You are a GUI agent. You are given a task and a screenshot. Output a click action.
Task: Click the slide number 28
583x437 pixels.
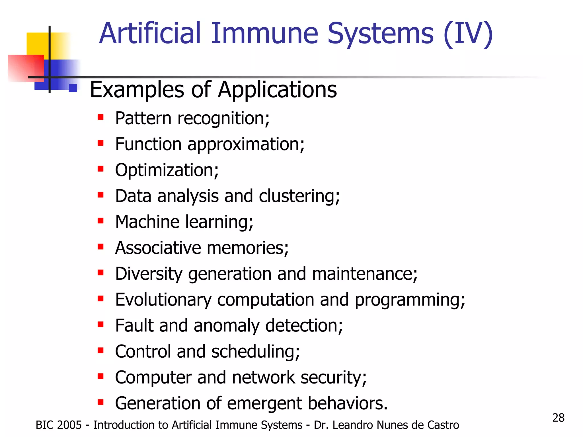[x=558, y=418]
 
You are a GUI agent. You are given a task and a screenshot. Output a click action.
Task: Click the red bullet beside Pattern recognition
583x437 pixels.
[x=100, y=117]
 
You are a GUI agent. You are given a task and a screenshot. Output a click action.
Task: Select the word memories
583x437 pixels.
[x=248, y=248]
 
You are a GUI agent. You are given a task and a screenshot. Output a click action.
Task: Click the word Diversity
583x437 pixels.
[x=149, y=274]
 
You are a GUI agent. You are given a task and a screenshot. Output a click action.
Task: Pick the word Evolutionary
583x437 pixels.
[x=163, y=300]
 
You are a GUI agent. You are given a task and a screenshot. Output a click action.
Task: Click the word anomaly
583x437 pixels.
[x=226, y=326]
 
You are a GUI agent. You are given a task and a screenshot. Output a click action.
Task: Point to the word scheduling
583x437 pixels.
[x=255, y=352]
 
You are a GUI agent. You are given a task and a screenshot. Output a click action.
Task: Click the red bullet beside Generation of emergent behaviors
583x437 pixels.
[x=100, y=402]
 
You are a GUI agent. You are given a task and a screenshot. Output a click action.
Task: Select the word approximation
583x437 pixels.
[x=246, y=144]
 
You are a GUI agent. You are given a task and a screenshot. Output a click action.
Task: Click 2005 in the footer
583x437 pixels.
[x=69, y=425]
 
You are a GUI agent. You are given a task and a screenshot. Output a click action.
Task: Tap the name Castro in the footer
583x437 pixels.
[x=444, y=425]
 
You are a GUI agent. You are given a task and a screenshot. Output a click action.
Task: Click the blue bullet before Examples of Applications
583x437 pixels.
[x=73, y=88]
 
